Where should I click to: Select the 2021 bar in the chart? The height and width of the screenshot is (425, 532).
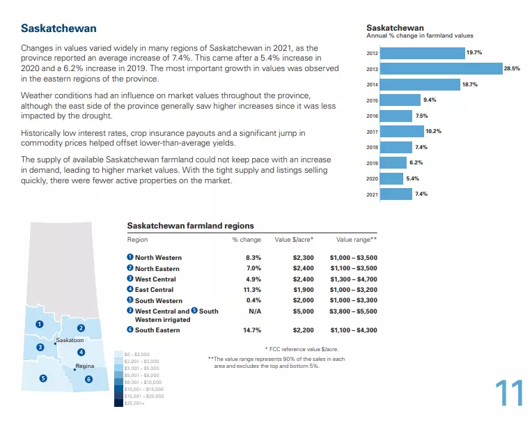397,194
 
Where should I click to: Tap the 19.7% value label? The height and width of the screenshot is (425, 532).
474,53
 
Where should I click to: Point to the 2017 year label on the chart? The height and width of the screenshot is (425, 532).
372,132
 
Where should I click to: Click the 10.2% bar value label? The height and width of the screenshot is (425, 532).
434,131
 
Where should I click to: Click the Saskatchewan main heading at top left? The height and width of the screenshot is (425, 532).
58,29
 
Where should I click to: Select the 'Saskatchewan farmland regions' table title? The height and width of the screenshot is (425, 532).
190,226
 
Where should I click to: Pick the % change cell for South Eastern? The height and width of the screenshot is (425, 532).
252,330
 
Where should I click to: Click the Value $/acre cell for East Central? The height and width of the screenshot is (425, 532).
304,289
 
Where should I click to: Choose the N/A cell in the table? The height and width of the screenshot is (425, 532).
254,311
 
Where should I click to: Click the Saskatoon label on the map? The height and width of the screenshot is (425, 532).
70,340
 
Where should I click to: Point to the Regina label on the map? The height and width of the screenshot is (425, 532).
85,366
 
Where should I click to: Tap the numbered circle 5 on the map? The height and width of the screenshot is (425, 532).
43,378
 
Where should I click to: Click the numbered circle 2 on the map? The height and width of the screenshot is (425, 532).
81,328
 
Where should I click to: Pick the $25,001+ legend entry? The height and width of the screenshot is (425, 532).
134,403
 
